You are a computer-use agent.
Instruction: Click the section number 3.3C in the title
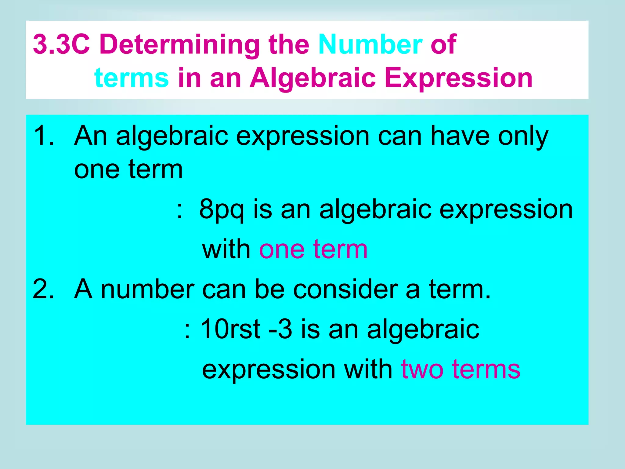61,45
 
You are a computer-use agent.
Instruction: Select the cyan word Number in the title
370,45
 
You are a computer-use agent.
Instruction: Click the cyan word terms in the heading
132,78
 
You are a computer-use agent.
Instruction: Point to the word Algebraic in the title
313,78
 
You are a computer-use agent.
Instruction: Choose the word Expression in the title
459,78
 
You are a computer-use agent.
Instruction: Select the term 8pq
221,210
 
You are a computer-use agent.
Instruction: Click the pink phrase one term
313,249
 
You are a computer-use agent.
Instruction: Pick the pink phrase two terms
461,369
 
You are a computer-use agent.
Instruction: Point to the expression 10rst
230,329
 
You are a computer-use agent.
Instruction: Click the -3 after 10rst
280,329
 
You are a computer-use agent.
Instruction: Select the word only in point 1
523,136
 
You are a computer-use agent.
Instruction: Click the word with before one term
226,249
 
